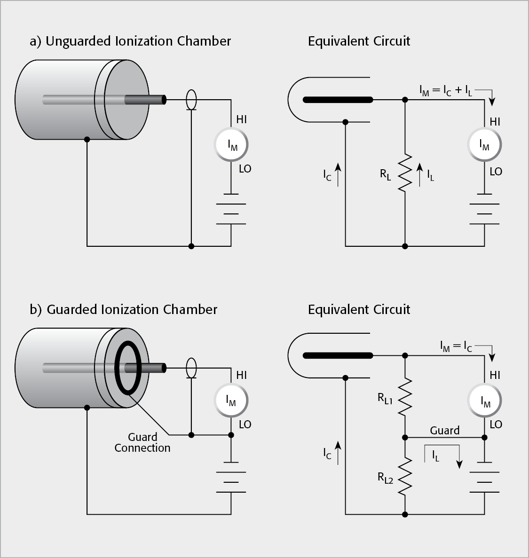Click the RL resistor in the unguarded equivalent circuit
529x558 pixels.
coord(405,172)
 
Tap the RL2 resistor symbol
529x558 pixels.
coord(405,477)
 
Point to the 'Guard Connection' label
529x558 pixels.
coord(142,442)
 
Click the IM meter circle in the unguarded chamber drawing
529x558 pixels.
coord(231,145)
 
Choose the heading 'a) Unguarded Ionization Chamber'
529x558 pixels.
coord(130,41)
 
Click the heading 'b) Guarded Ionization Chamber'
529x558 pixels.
coord(124,309)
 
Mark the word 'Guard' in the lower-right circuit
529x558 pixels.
coord(444,430)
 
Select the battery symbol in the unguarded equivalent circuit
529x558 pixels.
coord(484,209)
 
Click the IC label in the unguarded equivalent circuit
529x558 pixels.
coord(328,175)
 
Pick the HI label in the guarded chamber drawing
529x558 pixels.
coord(241,375)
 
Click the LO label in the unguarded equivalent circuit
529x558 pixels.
coord(496,172)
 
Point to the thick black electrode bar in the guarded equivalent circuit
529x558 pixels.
coord(338,355)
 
